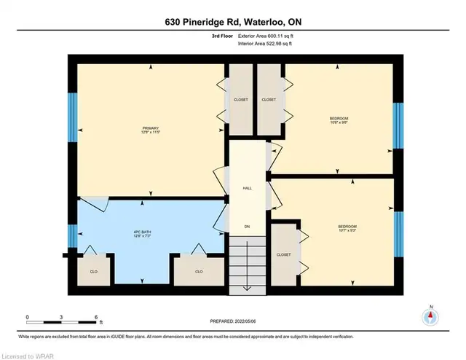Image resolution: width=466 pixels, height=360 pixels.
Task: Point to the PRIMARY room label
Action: [x=151, y=129]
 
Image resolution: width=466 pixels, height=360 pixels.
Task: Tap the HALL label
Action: [x=247, y=189]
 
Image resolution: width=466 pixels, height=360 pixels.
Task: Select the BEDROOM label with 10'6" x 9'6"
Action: [x=339, y=120]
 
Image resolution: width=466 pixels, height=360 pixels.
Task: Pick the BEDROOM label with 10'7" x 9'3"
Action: [x=347, y=229]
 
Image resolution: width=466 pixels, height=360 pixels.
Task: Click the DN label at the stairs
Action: [x=247, y=227]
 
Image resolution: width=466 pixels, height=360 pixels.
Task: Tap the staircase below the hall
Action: [x=247, y=267]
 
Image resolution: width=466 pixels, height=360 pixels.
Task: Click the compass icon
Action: [x=430, y=317]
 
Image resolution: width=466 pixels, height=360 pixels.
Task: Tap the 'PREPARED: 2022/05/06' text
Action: [x=232, y=321]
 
